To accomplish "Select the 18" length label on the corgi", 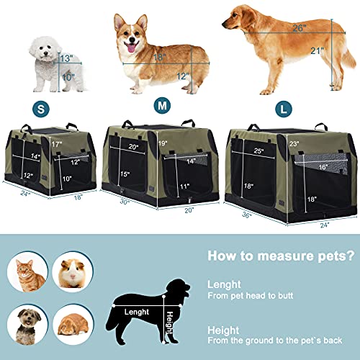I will [x=158, y=58].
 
